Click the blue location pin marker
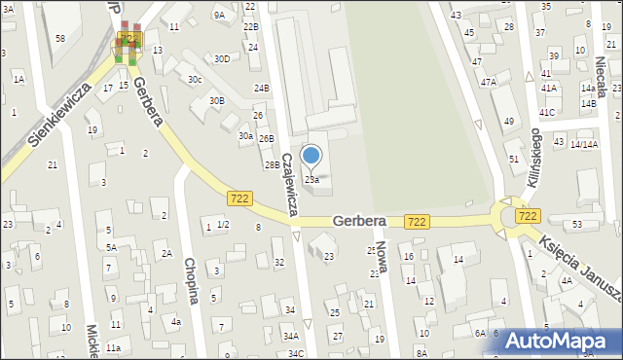(x=311, y=156)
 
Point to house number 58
(x=60, y=38)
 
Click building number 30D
(x=222, y=58)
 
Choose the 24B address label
(x=261, y=89)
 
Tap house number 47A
(x=488, y=83)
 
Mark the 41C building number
(x=547, y=113)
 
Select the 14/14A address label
(x=584, y=144)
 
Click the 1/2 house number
(x=222, y=226)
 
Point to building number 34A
(x=290, y=336)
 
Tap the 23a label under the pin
(x=311, y=179)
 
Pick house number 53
(x=577, y=225)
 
